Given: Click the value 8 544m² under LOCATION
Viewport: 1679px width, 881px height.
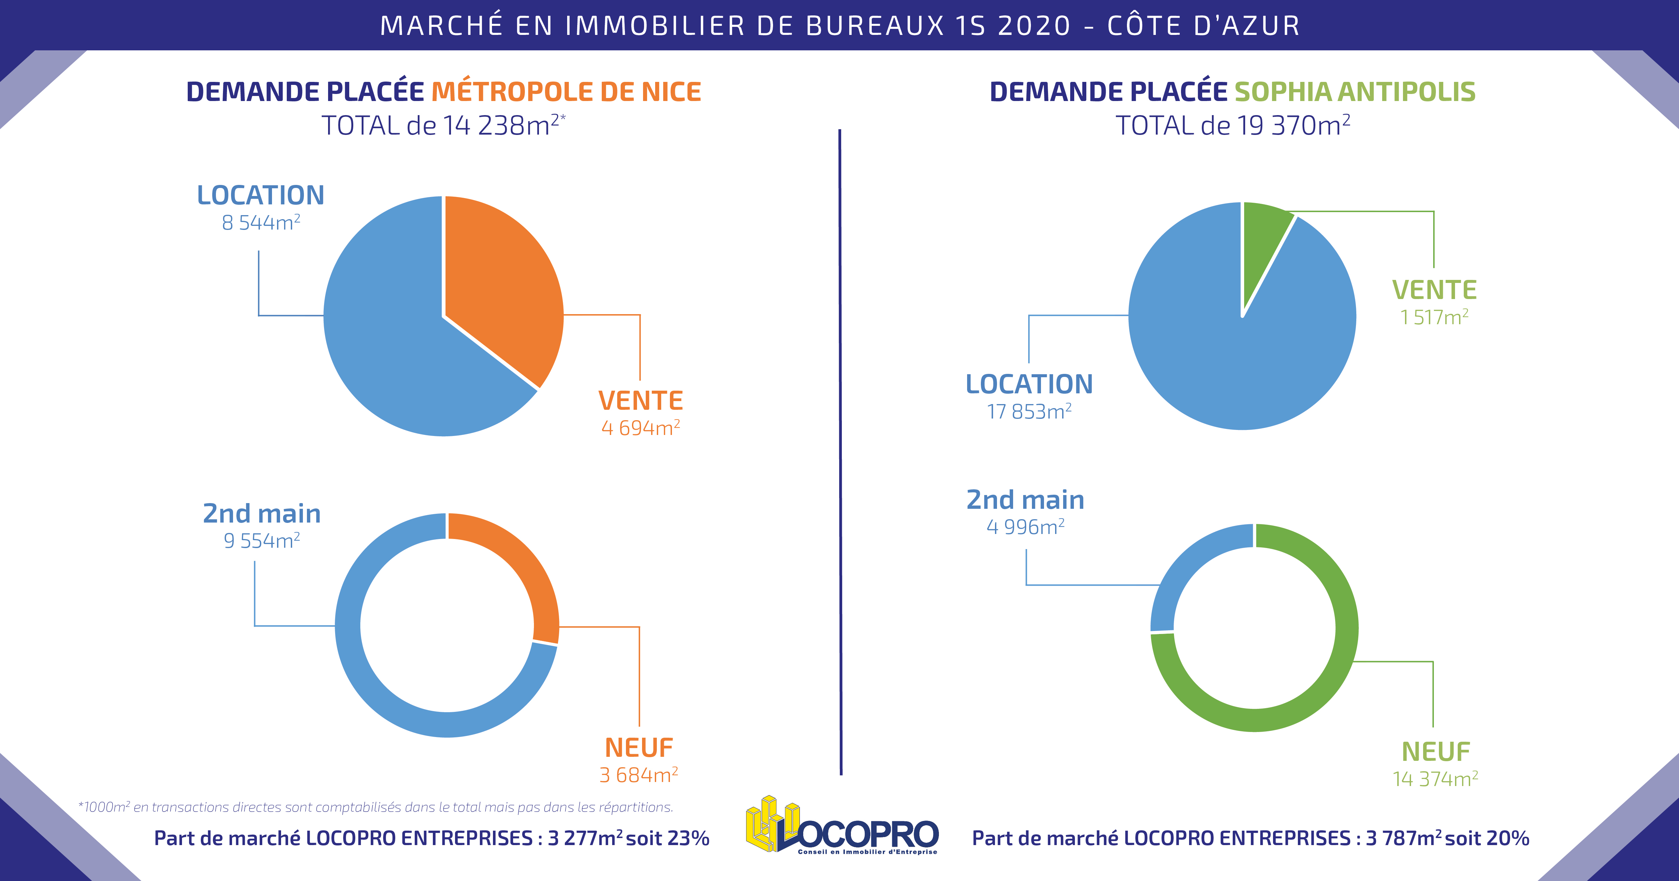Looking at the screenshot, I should point(261,223).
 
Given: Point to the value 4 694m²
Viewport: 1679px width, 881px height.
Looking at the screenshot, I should point(641,428).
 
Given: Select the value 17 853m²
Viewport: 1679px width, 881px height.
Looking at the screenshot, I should point(1029,412).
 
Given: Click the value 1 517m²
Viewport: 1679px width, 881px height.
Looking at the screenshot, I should point(1434,317).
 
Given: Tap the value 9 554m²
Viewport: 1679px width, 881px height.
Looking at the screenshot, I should point(261,541).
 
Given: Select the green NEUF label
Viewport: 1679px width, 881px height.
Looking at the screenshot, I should point(1436,751).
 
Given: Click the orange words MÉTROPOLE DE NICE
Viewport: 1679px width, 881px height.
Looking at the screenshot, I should point(566,92).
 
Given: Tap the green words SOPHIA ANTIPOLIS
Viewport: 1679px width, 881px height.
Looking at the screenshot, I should point(1354,92).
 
